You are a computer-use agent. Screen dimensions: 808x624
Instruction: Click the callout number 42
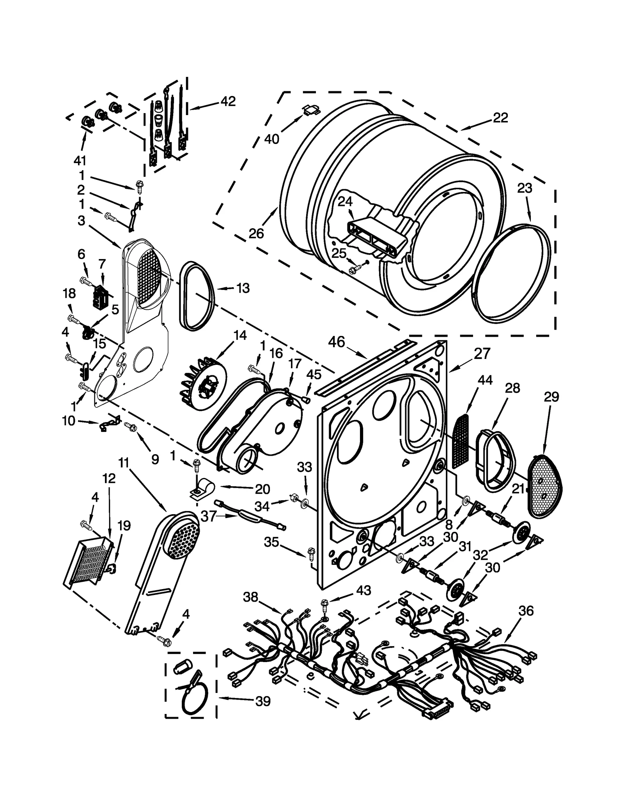[228, 101]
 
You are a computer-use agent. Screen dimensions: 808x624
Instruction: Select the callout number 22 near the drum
[500, 118]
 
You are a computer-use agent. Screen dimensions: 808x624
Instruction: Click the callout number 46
[336, 342]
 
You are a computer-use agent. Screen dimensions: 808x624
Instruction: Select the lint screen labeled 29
[544, 487]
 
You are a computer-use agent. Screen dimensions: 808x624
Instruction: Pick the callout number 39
[263, 701]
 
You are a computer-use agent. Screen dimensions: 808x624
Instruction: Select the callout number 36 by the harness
[526, 611]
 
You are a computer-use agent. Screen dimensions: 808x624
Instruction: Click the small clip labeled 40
[311, 110]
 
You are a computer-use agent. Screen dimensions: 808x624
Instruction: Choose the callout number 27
[482, 354]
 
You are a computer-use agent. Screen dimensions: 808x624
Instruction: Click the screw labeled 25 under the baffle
[356, 268]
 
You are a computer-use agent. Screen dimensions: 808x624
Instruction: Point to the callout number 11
[123, 463]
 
